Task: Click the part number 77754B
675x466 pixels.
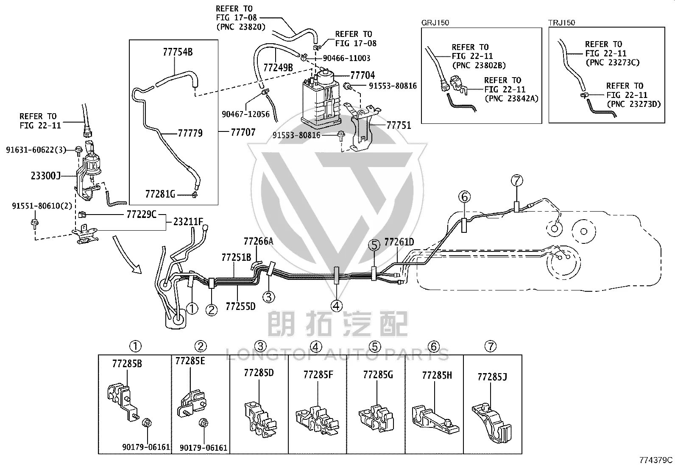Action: pyautogui.click(x=178, y=52)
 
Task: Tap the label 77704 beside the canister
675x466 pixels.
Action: pyautogui.click(x=363, y=75)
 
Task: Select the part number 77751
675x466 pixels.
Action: pyautogui.click(x=399, y=125)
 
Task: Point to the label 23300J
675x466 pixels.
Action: pyautogui.click(x=46, y=176)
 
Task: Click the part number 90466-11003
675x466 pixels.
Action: pyautogui.click(x=346, y=58)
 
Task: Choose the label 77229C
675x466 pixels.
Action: pyautogui.click(x=141, y=214)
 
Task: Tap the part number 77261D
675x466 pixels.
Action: pyautogui.click(x=399, y=242)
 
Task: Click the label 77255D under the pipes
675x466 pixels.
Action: pyautogui.click(x=240, y=306)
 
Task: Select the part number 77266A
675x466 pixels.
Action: pyautogui.click(x=259, y=241)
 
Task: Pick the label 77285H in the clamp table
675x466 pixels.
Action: pyautogui.click(x=437, y=375)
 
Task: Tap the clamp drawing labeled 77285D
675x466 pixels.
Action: pyautogui.click(x=260, y=419)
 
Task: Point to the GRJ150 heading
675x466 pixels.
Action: pyautogui.click(x=435, y=22)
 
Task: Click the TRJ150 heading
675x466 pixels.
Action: pyautogui.click(x=562, y=22)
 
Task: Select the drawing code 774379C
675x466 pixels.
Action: pyautogui.click(x=656, y=460)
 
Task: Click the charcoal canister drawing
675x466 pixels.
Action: pyautogui.click(x=322, y=98)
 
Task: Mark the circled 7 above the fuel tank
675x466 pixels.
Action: pyautogui.click(x=517, y=181)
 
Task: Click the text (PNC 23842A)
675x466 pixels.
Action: pyautogui.click(x=511, y=98)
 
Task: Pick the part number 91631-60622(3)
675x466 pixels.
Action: pyautogui.click(x=36, y=150)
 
